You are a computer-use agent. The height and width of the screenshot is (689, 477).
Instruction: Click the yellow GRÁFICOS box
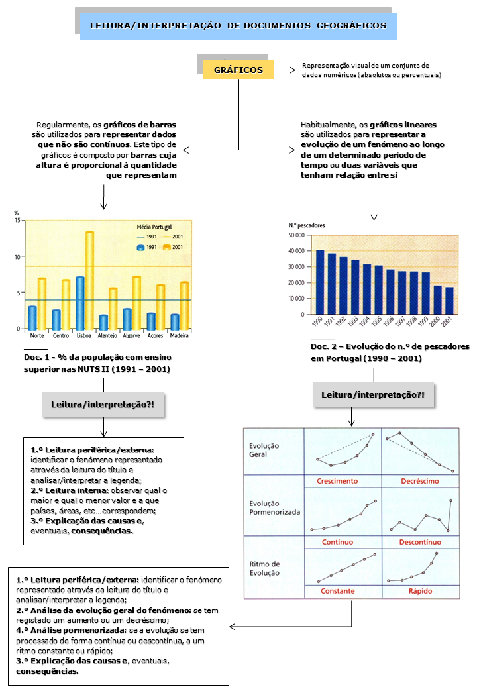pos(238,70)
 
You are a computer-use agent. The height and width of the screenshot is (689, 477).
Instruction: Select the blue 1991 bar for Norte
pos(32,317)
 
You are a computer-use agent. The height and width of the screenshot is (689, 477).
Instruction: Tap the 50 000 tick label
pos(295,235)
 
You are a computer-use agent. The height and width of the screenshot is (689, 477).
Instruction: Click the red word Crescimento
pos(337,481)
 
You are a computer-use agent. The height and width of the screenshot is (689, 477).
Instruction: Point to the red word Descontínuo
pos(421,542)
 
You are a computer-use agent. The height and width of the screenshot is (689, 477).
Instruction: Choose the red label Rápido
pos(421,590)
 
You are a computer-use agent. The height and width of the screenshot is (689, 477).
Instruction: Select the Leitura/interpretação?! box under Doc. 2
pos(373,395)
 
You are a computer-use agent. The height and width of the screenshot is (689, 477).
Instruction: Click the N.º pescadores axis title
pos(307,225)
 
